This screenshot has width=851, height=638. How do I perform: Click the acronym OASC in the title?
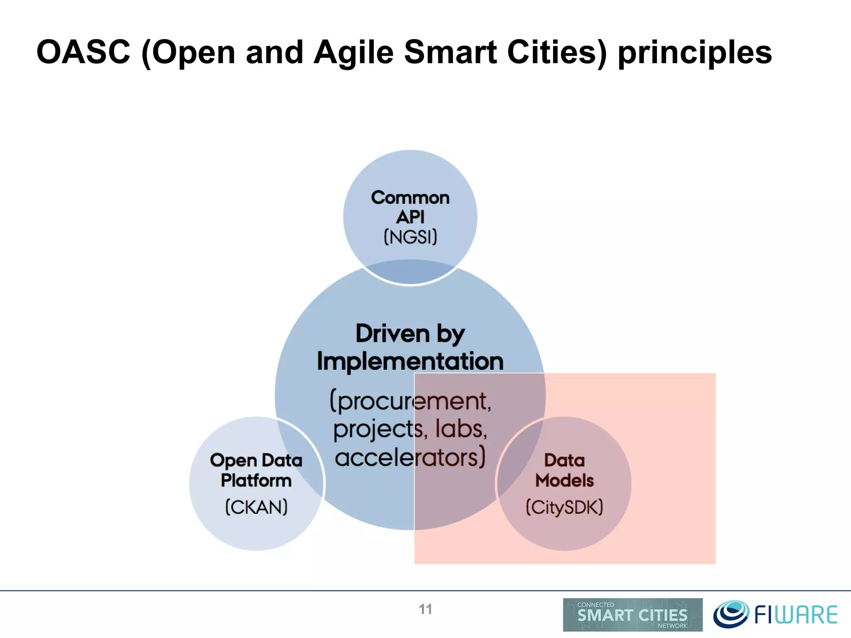coord(83,52)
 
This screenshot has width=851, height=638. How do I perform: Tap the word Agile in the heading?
coord(353,52)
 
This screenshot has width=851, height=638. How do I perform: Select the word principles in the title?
coord(695,52)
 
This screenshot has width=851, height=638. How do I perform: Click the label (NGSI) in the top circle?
coord(410,237)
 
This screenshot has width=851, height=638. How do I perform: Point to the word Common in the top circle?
coord(410,198)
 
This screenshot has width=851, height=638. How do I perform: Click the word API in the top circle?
coord(410,217)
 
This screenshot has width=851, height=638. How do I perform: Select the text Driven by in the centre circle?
coord(410,334)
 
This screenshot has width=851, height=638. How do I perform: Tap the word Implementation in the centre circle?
coord(410,361)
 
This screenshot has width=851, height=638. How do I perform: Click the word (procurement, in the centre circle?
coord(410,401)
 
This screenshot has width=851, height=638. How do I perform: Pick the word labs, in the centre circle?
coord(461,429)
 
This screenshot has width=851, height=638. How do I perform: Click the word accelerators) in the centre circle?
coord(410,458)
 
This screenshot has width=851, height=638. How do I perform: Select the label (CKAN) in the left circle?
coord(256,507)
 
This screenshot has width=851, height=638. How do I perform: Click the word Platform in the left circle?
coord(256,481)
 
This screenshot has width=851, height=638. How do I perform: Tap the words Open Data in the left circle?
coord(256,460)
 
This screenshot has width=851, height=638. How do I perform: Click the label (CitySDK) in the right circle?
coord(564,507)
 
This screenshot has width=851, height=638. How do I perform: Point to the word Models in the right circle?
coord(564,481)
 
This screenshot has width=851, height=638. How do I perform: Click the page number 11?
coord(425,609)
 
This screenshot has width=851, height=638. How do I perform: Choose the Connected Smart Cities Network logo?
coord(632,615)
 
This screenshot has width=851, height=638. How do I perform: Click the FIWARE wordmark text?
coord(796,615)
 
